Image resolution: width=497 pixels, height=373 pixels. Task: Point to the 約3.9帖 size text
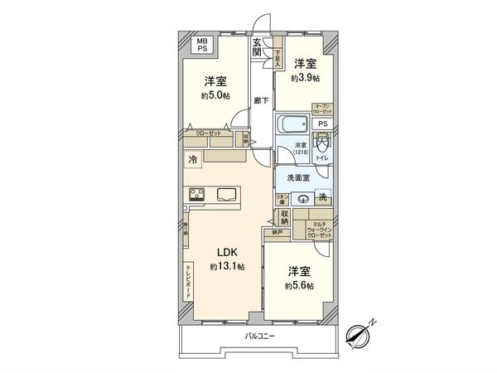304,78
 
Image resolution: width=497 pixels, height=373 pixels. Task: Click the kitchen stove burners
198,196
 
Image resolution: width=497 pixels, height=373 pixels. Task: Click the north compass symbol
363,335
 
